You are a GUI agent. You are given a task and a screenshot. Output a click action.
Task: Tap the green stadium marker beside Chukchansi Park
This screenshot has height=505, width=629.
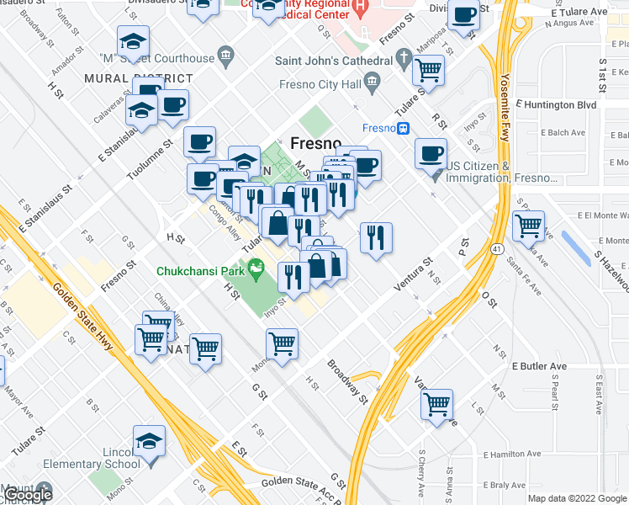[x=257, y=270]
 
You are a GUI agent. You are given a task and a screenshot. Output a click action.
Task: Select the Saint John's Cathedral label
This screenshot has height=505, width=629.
[x=334, y=61]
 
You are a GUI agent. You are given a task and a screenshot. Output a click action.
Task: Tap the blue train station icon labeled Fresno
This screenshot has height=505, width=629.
[x=404, y=128]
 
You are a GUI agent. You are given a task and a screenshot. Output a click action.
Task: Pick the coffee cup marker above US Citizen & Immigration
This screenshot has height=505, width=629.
[x=431, y=153]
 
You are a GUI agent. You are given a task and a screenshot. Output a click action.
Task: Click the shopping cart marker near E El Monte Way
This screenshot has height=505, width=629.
[x=528, y=225]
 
